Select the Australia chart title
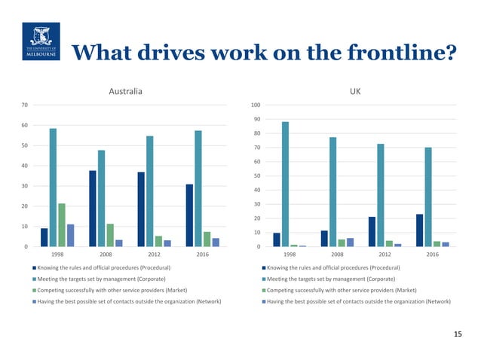click(x=126, y=92)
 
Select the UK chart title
click(x=355, y=92)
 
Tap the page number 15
click(x=458, y=334)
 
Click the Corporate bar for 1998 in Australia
click(x=53, y=188)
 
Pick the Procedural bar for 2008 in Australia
click(x=93, y=209)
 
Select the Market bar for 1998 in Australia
click(x=62, y=225)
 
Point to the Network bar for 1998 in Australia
click(x=71, y=235)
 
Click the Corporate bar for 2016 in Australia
click(x=198, y=189)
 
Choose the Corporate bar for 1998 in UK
click(x=286, y=185)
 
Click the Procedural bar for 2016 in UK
click(x=419, y=230)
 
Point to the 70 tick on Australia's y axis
click(x=24, y=105)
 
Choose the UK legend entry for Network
click(x=359, y=301)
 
